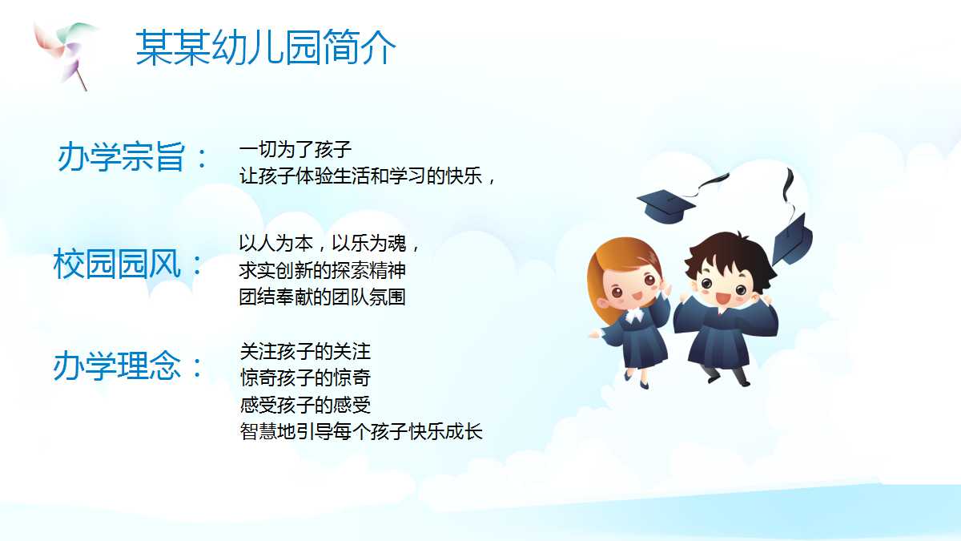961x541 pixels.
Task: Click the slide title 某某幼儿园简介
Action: click(265, 48)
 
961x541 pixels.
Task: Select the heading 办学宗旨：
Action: click(133, 158)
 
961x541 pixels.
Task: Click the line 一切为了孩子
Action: click(296, 149)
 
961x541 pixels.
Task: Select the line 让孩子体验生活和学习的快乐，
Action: click(369, 176)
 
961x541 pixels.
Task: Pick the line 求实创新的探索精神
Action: click(328, 270)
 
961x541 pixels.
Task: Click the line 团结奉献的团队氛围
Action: click(322, 297)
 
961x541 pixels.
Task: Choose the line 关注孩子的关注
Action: click(305, 351)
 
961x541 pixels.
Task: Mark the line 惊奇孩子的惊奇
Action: click(305, 377)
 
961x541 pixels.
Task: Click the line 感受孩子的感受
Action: click(305, 405)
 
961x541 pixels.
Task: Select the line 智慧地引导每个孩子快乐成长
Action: click(361, 432)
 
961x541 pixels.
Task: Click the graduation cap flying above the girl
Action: click(667, 204)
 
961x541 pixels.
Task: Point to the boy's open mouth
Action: click(722, 299)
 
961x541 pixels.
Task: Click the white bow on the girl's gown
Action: click(634, 315)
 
